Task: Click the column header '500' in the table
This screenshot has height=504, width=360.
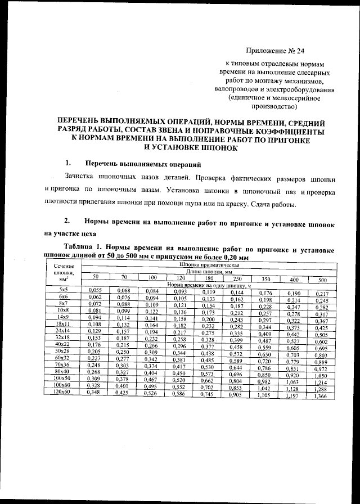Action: point(322,280)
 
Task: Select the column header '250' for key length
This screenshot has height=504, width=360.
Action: point(237,278)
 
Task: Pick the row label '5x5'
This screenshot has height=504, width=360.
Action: point(63,289)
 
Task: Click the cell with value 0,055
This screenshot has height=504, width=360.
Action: point(94,290)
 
